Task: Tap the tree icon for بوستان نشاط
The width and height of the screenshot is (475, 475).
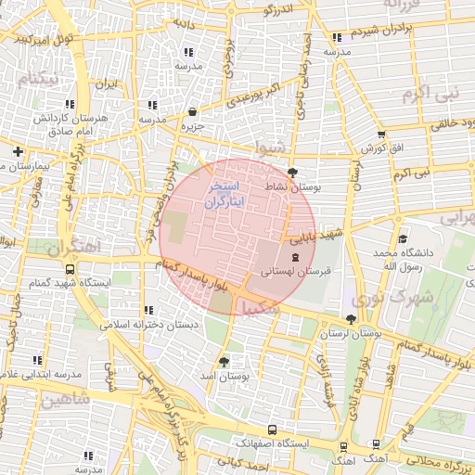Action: tap(293, 173)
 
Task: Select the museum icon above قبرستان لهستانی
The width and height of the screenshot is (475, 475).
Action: tap(294, 257)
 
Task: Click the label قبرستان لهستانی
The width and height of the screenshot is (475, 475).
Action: tap(295, 273)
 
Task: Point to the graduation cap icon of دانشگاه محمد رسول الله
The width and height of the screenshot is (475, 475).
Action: tap(405, 238)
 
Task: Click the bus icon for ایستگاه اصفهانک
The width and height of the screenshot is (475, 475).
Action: tap(271, 430)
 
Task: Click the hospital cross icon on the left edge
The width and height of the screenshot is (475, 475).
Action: tap(18, 151)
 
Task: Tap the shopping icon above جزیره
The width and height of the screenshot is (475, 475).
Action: tap(192, 111)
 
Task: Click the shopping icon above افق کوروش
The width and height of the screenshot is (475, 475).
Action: tap(380, 134)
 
